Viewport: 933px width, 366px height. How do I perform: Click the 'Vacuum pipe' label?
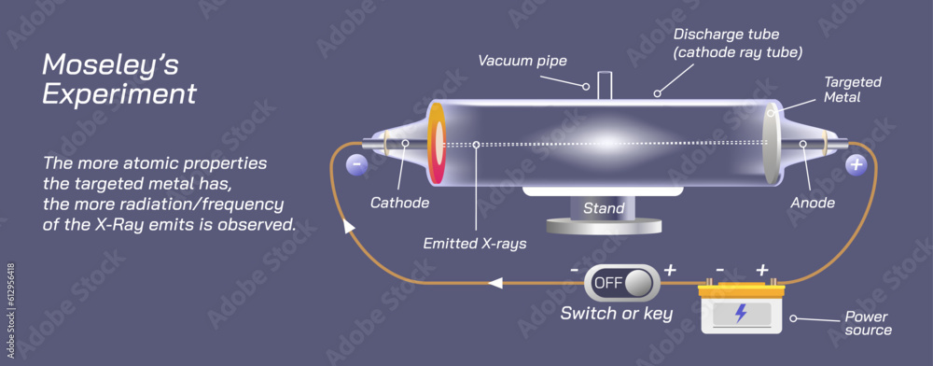[x=522, y=61]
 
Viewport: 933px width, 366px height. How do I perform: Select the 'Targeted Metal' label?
[x=852, y=90]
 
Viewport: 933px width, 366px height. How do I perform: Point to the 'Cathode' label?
[x=399, y=203]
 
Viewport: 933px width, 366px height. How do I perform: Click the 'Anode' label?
[x=812, y=203]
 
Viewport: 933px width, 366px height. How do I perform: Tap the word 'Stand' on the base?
[x=603, y=208]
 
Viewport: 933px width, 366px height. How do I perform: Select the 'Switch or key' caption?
[x=616, y=314]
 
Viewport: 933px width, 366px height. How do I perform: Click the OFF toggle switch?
[x=620, y=282]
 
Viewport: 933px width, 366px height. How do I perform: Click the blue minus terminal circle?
[x=355, y=165]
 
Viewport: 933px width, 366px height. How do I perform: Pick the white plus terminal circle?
[x=856, y=165]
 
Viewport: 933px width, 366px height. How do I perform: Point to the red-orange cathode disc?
[x=436, y=145]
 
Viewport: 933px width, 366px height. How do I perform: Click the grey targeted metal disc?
[x=771, y=145]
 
